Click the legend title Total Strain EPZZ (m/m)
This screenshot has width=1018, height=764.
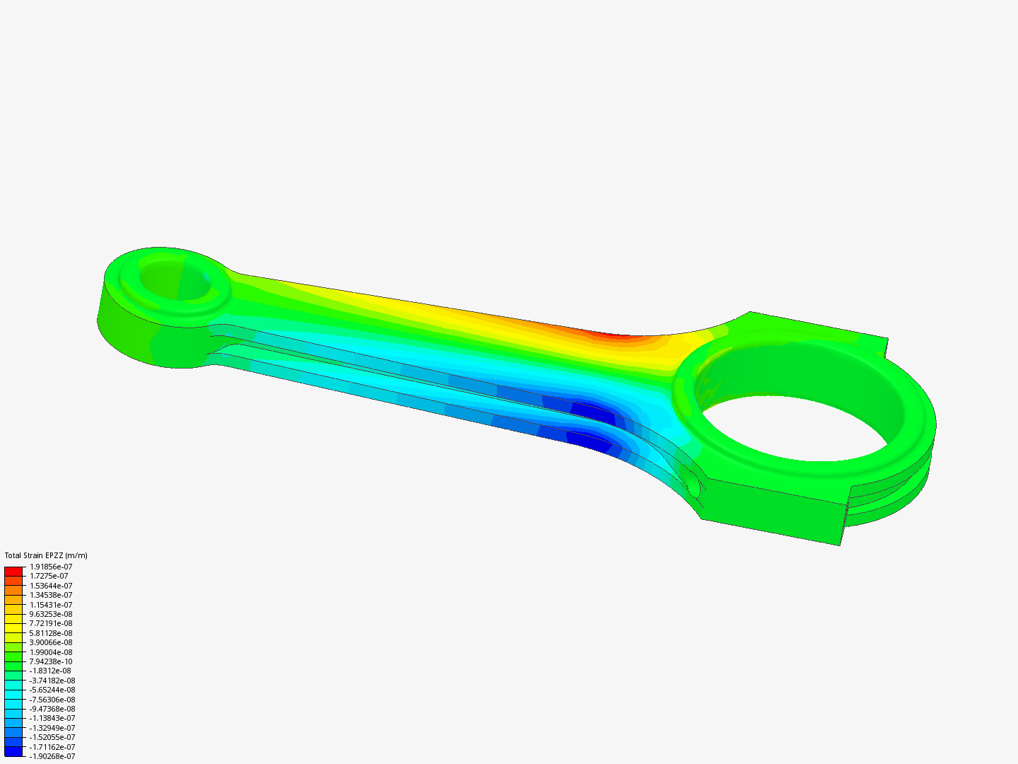(46, 555)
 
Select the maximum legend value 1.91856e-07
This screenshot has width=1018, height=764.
(51, 567)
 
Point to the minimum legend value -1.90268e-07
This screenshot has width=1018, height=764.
(52, 756)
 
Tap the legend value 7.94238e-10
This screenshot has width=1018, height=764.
(51, 661)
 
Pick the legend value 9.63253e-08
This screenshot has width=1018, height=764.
(51, 614)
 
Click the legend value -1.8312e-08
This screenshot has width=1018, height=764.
(50, 671)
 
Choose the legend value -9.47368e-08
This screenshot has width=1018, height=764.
(52, 709)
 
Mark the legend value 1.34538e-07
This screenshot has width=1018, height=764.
(51, 595)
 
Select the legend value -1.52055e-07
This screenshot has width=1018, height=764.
(52, 737)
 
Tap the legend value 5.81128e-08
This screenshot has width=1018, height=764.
(51, 633)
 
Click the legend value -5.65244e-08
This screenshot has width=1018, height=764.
(52, 690)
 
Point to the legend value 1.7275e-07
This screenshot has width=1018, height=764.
(49, 576)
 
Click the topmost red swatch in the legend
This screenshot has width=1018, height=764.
(13, 571)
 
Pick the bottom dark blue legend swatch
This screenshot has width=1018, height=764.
(13, 751)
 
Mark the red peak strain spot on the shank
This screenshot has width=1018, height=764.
(615, 335)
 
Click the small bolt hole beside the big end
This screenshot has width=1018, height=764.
(692, 485)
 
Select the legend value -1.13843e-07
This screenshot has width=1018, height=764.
(52, 718)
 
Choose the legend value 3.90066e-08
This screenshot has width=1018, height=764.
(51, 642)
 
